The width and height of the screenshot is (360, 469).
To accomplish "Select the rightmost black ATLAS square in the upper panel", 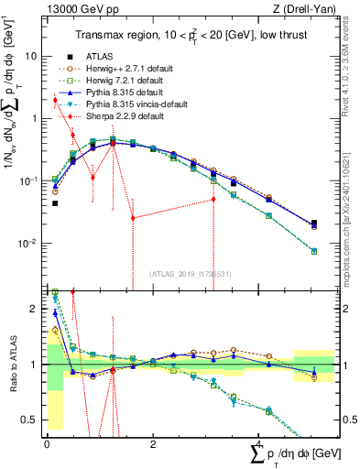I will (x=314, y=223).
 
